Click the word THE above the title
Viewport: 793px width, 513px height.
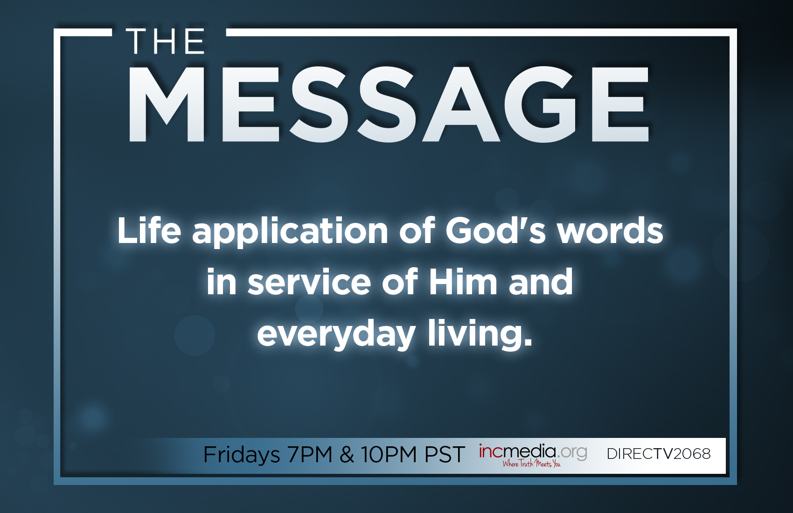tap(165, 42)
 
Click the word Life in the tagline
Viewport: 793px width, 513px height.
tap(149, 230)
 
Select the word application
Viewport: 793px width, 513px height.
tap(290, 232)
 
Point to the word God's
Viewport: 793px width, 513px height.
tap(495, 230)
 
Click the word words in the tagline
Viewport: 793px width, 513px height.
tap(610, 230)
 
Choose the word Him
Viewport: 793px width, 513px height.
tap(463, 282)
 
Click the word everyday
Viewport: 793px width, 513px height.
tap(336, 335)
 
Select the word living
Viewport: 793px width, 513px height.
tap(480, 335)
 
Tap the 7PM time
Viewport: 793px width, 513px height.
tap(310, 454)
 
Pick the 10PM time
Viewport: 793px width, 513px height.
tap(389, 454)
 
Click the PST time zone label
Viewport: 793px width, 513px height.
tap(445, 454)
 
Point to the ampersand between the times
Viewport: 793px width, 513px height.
tap(347, 454)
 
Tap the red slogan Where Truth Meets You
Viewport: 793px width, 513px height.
tap(531, 464)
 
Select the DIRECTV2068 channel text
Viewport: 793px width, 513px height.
tap(659, 454)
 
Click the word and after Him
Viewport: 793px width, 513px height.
tap(541, 282)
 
